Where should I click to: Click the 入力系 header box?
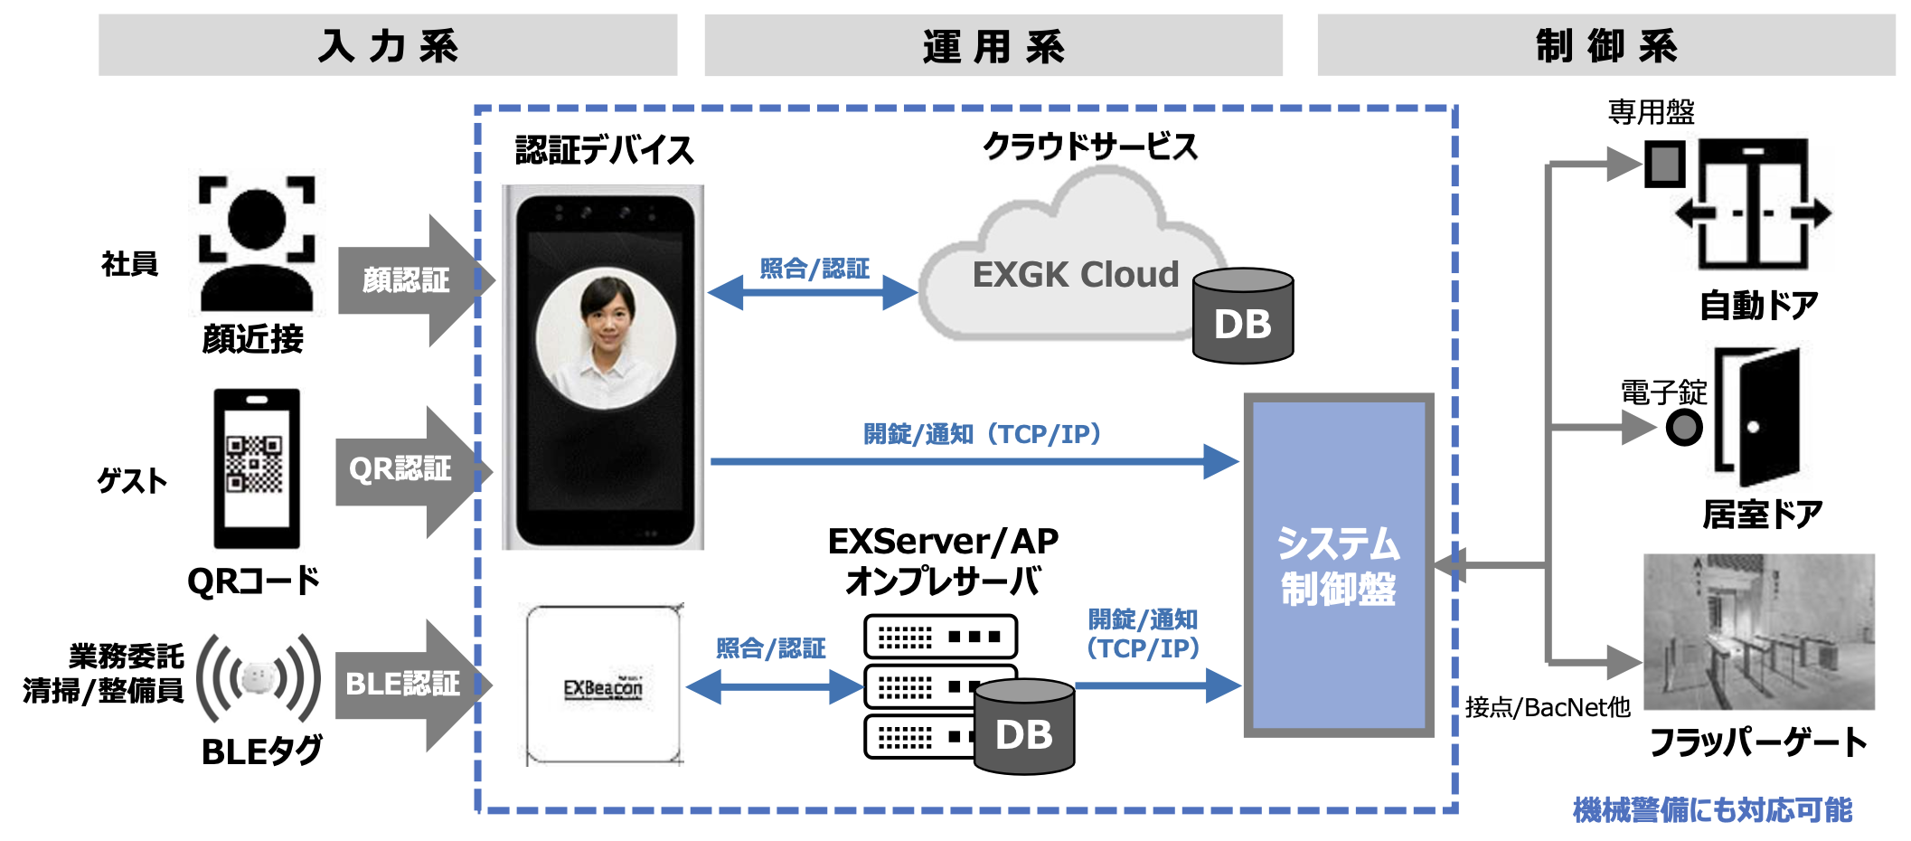pyautogui.click(x=388, y=45)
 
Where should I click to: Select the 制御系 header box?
pyautogui.click(x=1605, y=45)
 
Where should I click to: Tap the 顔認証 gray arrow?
pyautogui.click(x=411, y=280)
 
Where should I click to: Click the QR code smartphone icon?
pyautogui.click(x=257, y=468)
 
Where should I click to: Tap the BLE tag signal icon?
pyautogui.click(x=259, y=677)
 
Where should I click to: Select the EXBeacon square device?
pyautogui.click(x=604, y=685)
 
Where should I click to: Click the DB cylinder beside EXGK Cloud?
pyautogui.click(x=1243, y=317)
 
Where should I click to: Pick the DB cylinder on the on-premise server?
pyautogui.click(x=1024, y=728)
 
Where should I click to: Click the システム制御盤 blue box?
pyautogui.click(x=1338, y=565)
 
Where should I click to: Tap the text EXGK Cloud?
pyautogui.click(x=1075, y=274)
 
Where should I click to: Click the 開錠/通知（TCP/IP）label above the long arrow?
pyautogui.click(x=982, y=434)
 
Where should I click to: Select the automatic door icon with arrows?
pyautogui.click(x=1752, y=206)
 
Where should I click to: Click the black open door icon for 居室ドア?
pyautogui.click(x=1758, y=418)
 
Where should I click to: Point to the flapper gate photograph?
pyautogui.click(x=1758, y=631)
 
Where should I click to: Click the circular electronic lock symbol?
pyautogui.click(x=1684, y=427)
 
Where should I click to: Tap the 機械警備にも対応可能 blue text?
pyautogui.click(x=1712, y=809)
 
